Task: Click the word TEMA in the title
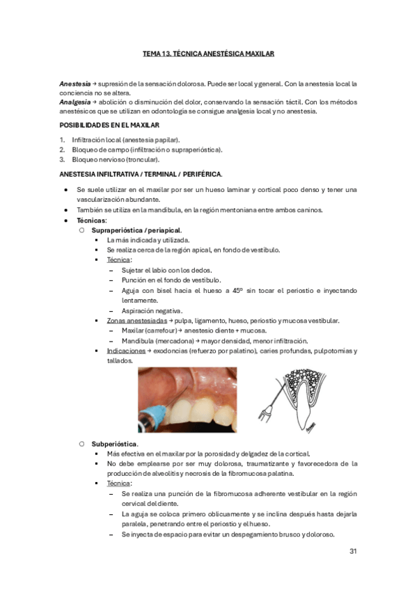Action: tap(152, 53)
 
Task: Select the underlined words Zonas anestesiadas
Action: tap(136, 321)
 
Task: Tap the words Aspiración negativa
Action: tap(152, 310)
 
